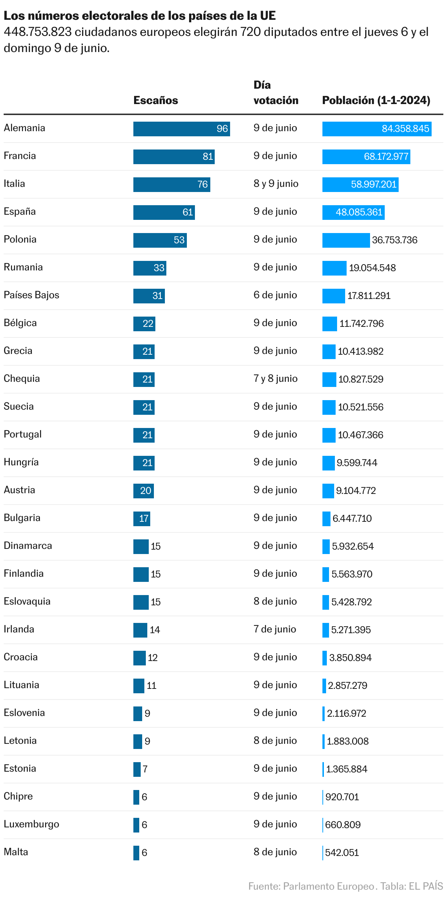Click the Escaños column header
coord(155,100)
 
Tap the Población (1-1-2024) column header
coord(376,100)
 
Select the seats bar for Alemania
coord(181,129)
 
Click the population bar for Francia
coord(366,157)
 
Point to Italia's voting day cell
coord(276,184)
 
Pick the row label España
coord(20,211)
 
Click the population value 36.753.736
coord(395,240)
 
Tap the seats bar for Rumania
coord(149,268)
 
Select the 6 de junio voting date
coord(275,295)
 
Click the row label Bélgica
coord(20,323)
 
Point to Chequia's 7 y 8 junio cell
coord(275,379)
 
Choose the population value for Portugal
coord(361,435)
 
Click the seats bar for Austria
coord(143,491)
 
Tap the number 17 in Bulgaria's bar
coord(144,518)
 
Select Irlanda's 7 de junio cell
coord(275,629)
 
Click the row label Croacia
coord(21,657)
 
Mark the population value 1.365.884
coord(347,769)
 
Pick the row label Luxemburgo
coord(32,824)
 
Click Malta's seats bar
coord(136,853)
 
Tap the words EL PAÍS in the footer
coord(426,886)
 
